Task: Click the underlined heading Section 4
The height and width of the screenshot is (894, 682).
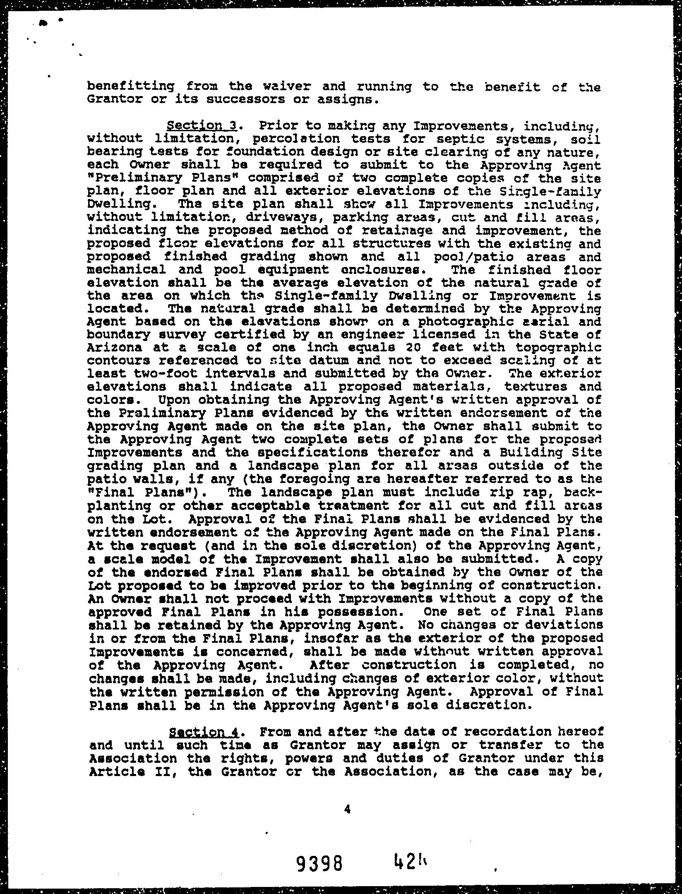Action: [x=204, y=732]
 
